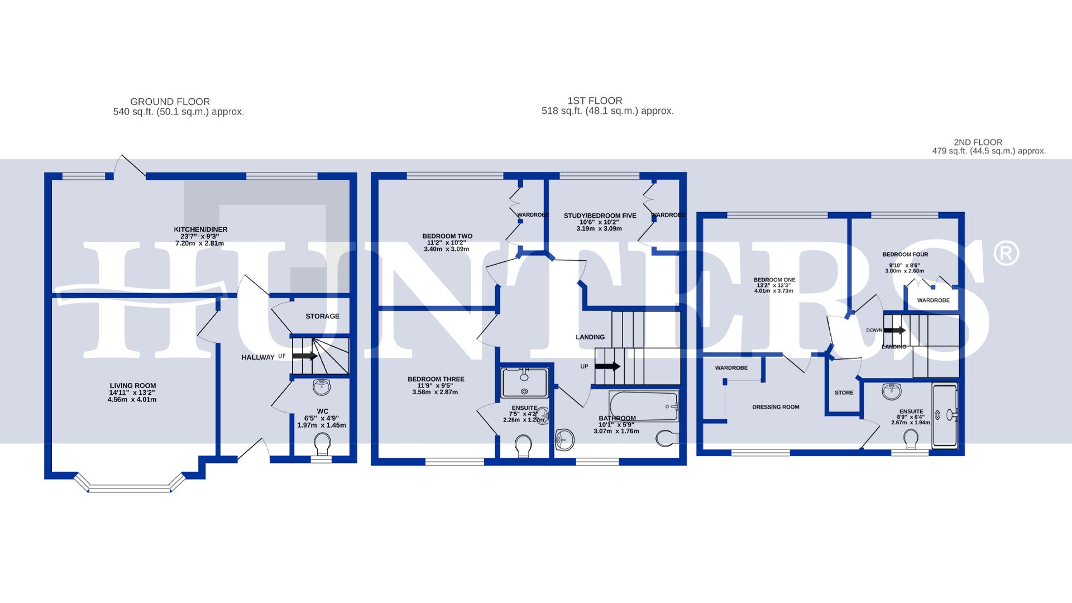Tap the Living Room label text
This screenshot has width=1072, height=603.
coord(132,386)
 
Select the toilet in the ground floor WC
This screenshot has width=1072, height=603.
coord(322,445)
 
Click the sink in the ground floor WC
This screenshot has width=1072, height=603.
coord(322,386)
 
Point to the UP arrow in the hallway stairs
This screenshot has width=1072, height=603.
coord(304,356)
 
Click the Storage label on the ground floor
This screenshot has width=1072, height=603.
coord(322,316)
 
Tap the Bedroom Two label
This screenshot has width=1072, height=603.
coord(447,236)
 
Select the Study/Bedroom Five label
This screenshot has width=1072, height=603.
coord(600,216)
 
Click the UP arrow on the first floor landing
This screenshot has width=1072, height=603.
coord(607,367)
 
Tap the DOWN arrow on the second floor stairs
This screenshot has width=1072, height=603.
coord(894,330)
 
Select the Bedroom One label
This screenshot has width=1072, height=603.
coord(774,280)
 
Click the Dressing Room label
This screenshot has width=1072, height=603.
coord(776,407)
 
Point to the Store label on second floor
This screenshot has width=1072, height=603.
coord(844,393)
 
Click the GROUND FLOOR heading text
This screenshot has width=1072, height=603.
coord(170,102)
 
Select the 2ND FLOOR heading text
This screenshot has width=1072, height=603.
coord(978,142)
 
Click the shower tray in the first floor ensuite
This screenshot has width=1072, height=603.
coord(524,382)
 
